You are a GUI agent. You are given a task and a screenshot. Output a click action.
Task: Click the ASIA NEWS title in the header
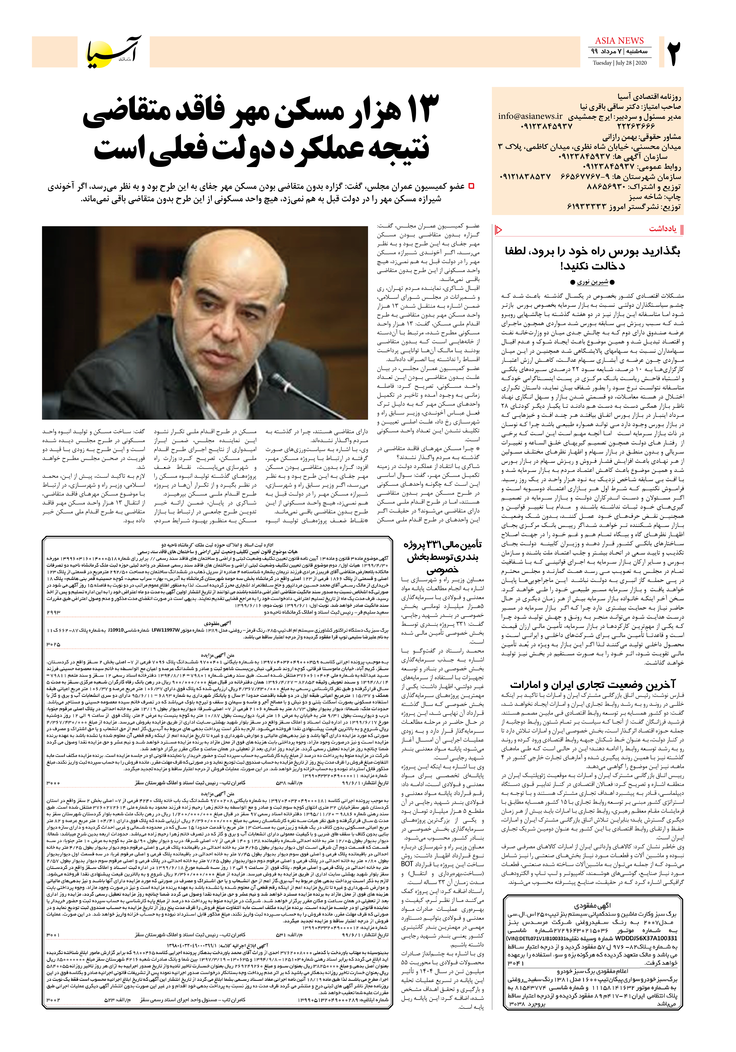pos(619,41)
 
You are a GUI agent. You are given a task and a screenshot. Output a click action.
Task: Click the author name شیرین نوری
pos(592,282)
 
